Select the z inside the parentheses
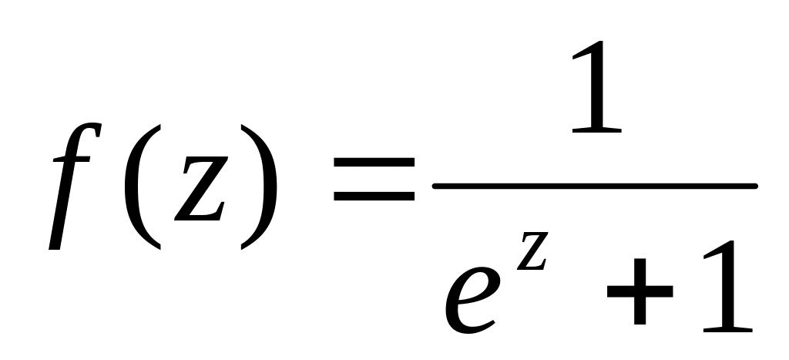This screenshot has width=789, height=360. [x=201, y=188]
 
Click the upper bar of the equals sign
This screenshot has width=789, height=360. [x=374, y=162]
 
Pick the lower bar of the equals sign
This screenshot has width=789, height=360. [x=374, y=196]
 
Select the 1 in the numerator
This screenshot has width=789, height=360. [x=597, y=86]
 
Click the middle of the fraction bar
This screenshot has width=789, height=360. [x=595, y=187]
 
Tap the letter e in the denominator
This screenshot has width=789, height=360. [x=472, y=301]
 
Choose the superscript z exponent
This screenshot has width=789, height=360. [x=532, y=251]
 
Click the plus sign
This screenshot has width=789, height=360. [x=640, y=291]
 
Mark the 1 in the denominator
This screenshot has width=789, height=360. [x=728, y=286]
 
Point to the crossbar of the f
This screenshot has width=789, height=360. [x=72, y=159]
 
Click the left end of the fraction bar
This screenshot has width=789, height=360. [x=435, y=187]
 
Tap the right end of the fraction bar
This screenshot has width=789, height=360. [x=755, y=187]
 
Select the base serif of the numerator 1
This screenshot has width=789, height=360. [x=597, y=130]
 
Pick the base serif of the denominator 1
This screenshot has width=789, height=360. [x=728, y=330]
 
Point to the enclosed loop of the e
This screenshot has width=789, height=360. [x=476, y=286]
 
